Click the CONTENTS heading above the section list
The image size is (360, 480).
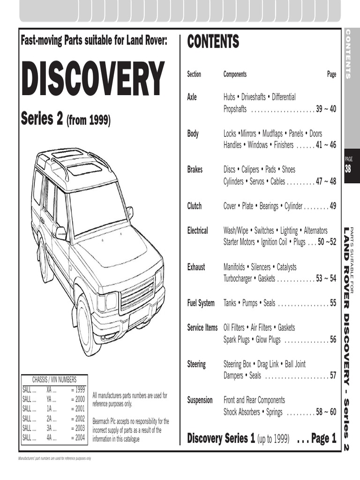pyautogui.click(x=213, y=42)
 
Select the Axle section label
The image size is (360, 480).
pyautogui.click(x=192, y=97)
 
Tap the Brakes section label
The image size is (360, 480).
pyautogui.click(x=195, y=169)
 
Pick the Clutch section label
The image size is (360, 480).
pyautogui.click(x=195, y=206)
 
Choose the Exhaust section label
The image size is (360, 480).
pyautogui.click(x=196, y=267)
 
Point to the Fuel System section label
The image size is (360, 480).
pyautogui.click(x=201, y=303)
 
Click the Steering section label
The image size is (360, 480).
pyautogui.click(x=196, y=364)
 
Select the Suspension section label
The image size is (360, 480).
pyautogui.click(x=200, y=400)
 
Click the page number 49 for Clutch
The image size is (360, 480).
pyautogui.click(x=332, y=206)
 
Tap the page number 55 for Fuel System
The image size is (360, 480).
pyautogui.click(x=332, y=303)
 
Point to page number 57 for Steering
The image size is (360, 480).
pyautogui.click(x=332, y=375)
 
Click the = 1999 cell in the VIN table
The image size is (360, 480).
pyautogui.click(x=78, y=390)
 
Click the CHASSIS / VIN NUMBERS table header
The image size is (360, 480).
pyautogui.click(x=54, y=380)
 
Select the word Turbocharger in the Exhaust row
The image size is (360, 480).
pyautogui.click(x=239, y=278)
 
